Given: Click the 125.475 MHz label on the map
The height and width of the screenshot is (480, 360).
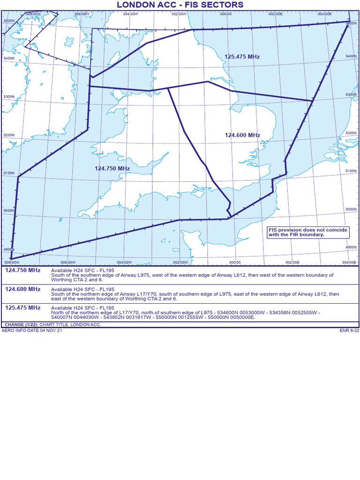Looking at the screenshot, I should (242, 57).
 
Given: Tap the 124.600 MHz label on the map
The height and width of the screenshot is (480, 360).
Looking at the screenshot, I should (242, 135).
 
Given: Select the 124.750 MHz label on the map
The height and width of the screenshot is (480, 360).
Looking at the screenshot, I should (112, 168).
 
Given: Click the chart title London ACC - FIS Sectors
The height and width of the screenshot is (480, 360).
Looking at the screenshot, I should (180, 5).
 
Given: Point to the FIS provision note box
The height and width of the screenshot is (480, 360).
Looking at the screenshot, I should (296, 232).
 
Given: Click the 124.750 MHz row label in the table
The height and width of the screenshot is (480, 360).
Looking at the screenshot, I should (22, 270).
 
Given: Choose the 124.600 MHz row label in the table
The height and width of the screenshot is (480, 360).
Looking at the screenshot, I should (22, 289).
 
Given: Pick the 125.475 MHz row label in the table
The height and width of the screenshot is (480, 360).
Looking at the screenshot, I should (22, 308).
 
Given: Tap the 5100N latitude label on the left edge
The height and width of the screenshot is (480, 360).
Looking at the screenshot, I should (9, 173).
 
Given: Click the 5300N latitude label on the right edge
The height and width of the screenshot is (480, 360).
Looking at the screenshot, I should (351, 95).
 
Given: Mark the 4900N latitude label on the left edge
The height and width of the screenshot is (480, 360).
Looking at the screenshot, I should (9, 250).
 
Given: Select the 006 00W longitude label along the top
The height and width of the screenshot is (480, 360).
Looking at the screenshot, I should (82, 14).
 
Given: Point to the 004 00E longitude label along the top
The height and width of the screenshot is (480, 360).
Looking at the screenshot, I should (324, 14).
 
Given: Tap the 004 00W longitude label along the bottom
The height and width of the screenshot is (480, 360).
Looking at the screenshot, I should (124, 262).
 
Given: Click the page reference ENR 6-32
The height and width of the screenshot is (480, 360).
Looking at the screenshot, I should (349, 330).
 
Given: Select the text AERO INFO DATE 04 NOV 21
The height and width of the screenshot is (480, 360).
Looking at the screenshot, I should (31, 330).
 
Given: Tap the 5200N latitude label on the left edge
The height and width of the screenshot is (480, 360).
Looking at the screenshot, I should (9, 135).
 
